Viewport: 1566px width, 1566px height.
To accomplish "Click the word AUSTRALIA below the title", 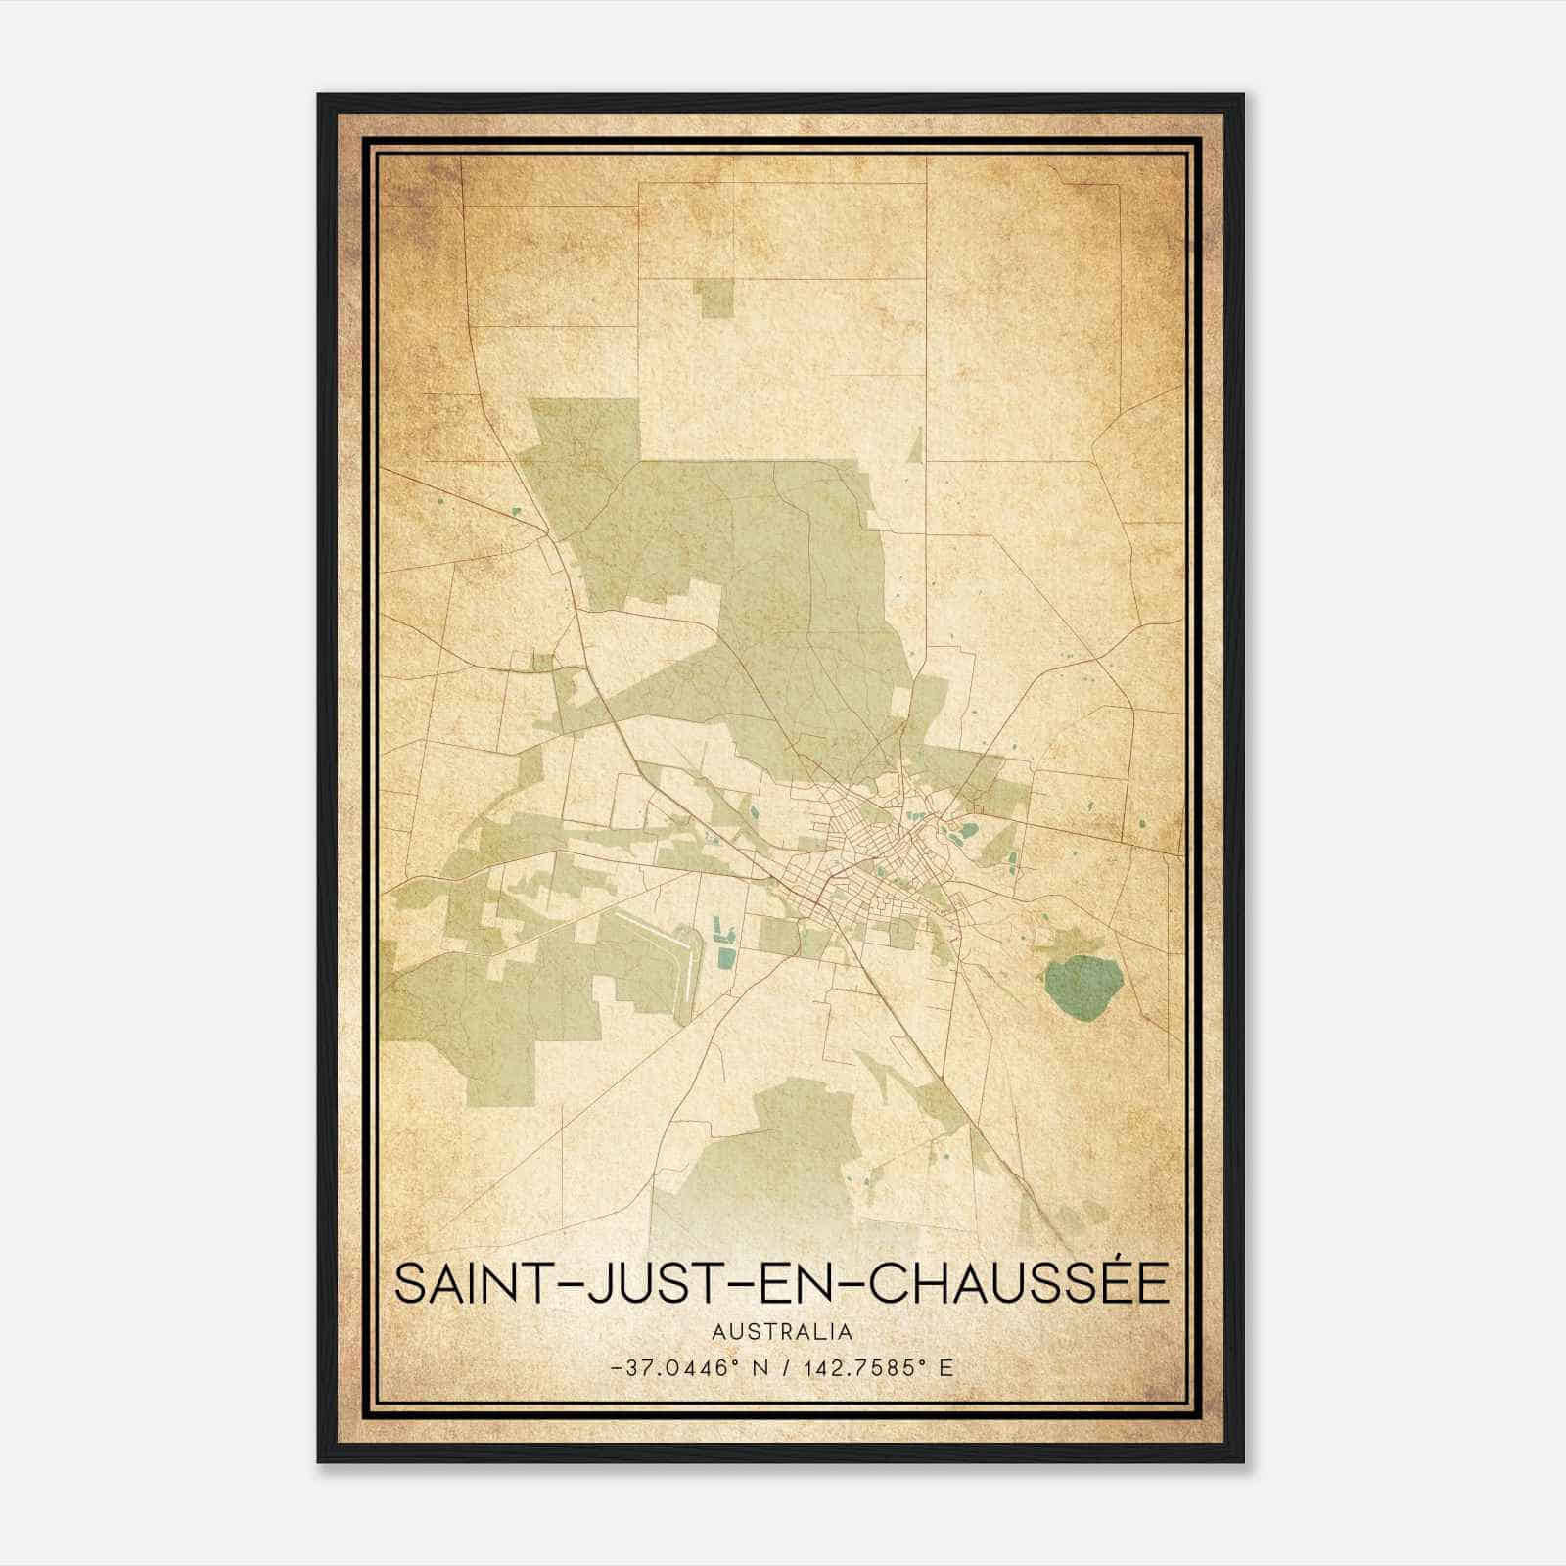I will [x=782, y=1332].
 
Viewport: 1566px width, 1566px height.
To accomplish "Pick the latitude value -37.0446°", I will [x=671, y=1367].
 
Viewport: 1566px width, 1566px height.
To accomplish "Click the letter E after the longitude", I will [x=945, y=1367].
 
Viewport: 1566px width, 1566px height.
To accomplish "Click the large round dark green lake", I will [x=1082, y=988].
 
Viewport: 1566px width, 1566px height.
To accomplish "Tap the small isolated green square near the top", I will [x=715, y=299].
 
